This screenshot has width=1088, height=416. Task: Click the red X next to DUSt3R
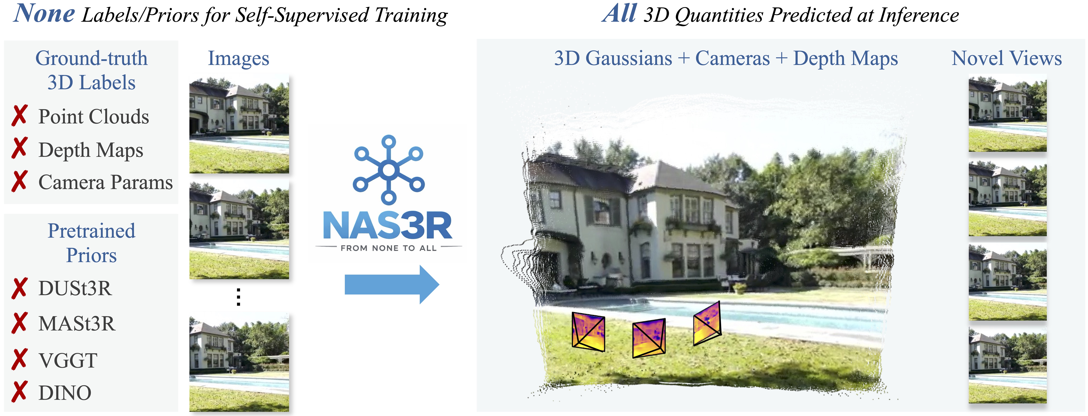point(19,288)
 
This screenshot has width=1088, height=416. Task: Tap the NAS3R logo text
point(387,225)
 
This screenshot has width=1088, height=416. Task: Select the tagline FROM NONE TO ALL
point(389,248)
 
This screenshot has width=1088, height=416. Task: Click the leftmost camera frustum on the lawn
point(588,332)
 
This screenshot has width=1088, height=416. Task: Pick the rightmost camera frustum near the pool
point(707,323)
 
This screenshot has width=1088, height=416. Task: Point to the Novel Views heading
point(1006,58)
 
